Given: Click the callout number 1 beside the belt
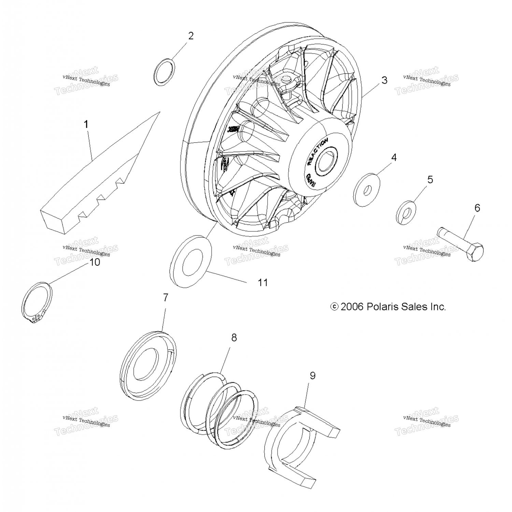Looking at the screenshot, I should [86, 125].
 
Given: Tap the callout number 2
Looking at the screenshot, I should [191, 36].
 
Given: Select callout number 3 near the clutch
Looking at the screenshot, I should [384, 80].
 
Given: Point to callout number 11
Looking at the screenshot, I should [263, 283].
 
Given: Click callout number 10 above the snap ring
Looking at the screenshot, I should [95, 262].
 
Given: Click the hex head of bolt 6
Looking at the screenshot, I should [474, 252].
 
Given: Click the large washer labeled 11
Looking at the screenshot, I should [191, 261].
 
